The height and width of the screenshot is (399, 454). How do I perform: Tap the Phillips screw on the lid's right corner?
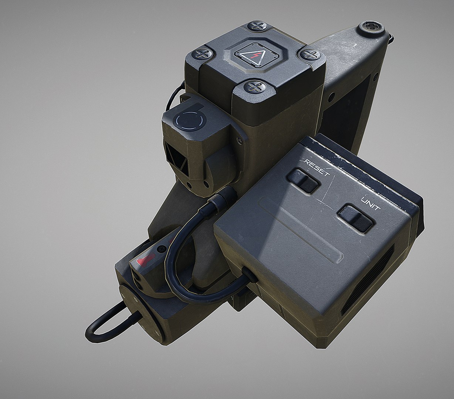(x=310, y=55)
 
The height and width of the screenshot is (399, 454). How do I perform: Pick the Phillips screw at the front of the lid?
(x=254, y=88)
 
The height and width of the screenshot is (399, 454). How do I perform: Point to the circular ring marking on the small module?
(x=190, y=120)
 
